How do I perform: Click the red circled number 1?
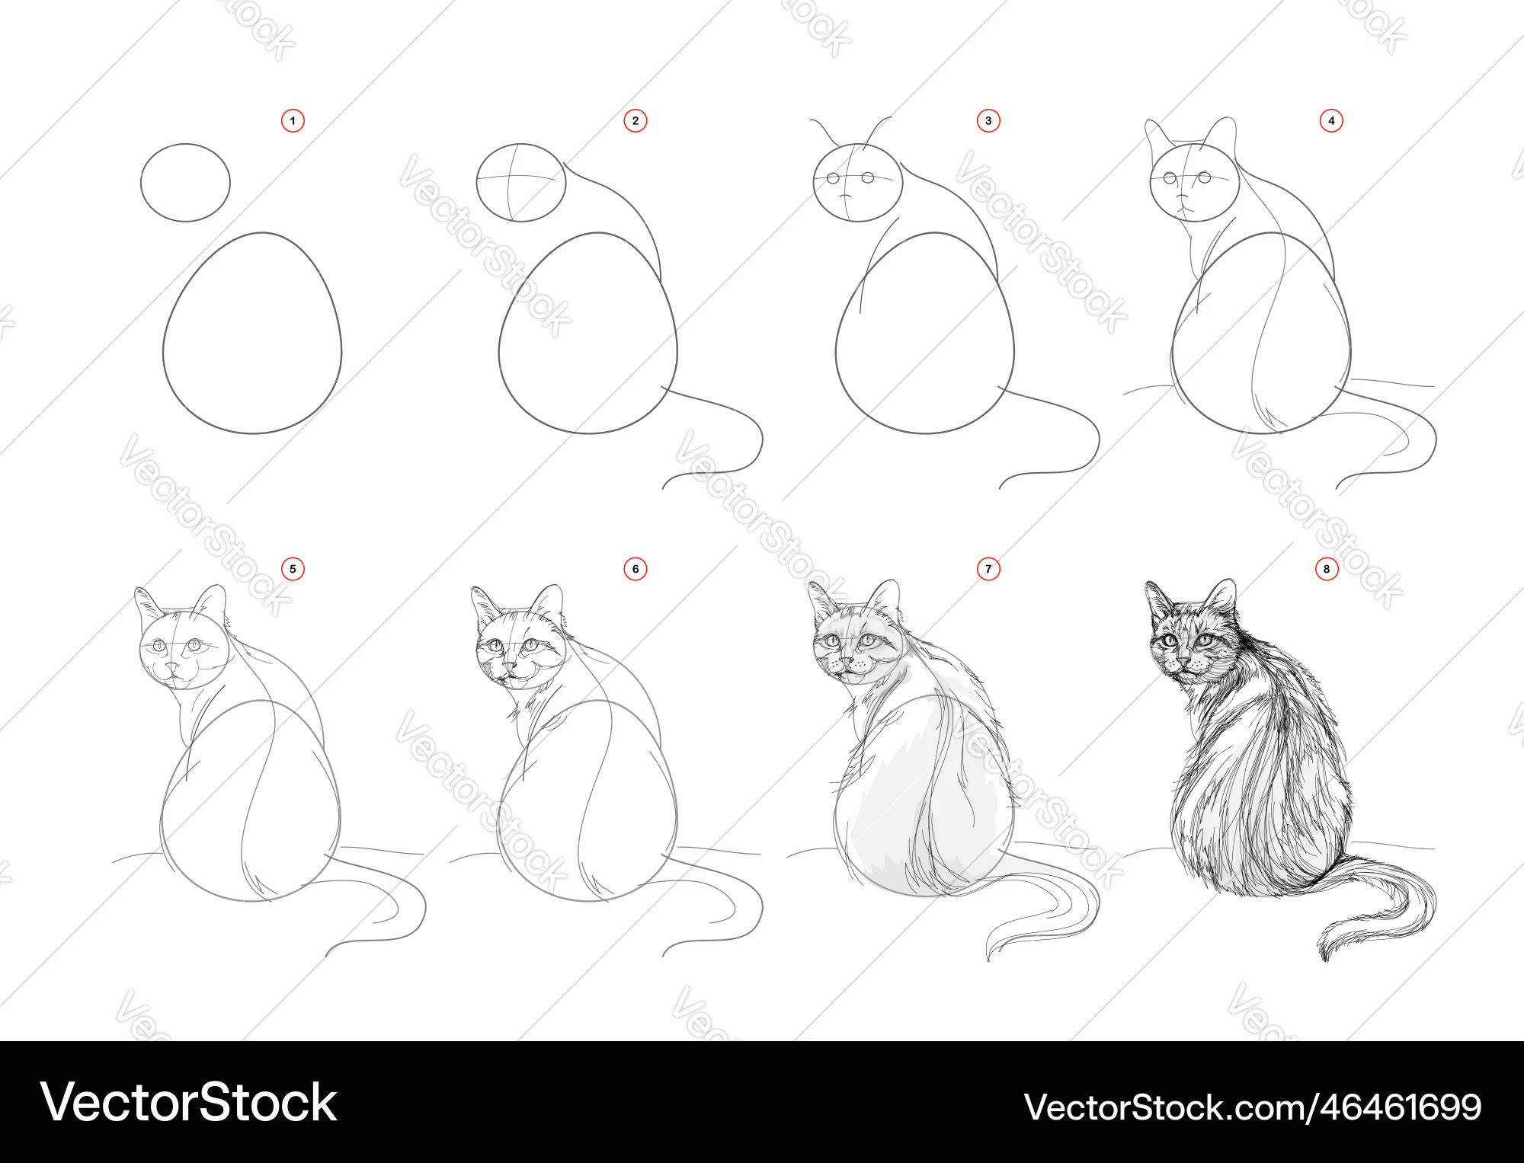point(293,120)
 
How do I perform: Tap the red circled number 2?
point(636,120)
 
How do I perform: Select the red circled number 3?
point(988,120)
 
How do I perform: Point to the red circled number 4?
point(1331,120)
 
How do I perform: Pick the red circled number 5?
point(293,569)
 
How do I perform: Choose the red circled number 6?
point(636,569)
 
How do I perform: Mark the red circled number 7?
point(988,569)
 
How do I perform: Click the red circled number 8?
point(1327,569)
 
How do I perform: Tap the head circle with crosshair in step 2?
point(521,144)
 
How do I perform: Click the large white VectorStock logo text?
point(189,1102)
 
